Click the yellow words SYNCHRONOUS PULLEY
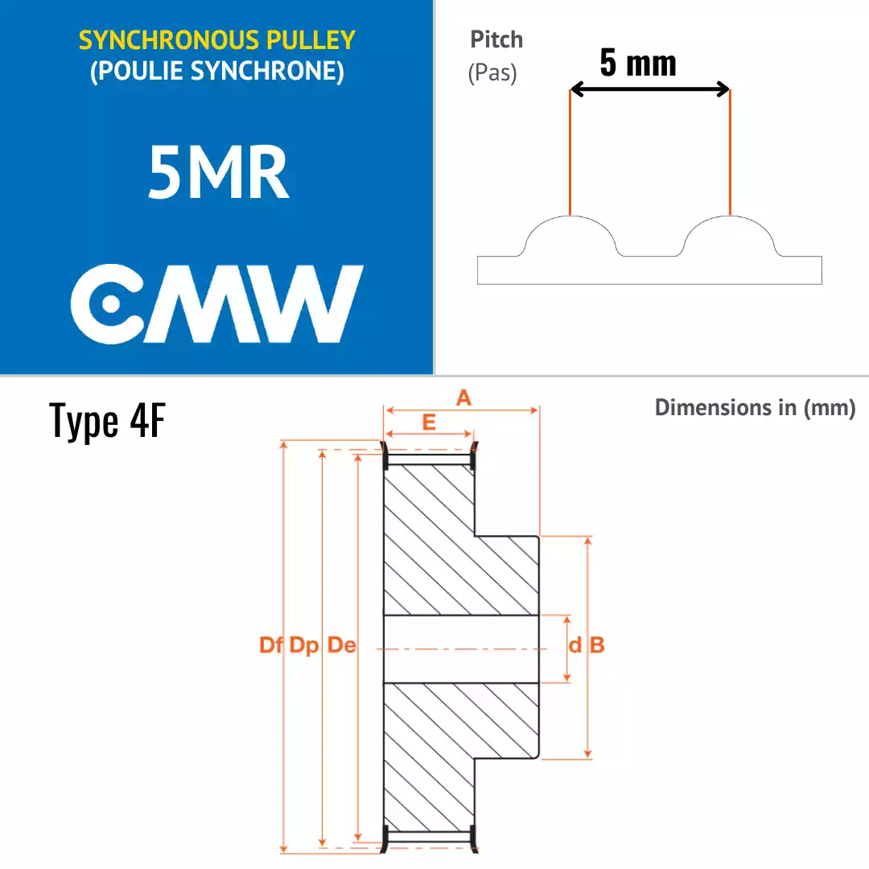(216, 40)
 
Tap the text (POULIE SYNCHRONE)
(216, 71)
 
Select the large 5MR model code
(218, 172)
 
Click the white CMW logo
(216, 303)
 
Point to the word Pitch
(496, 39)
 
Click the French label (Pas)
(492, 73)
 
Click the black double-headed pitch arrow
(649, 89)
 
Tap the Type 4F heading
(107, 420)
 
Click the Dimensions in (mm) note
(756, 407)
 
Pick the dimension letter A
(463, 397)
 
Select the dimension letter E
(429, 422)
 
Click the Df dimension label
(272, 645)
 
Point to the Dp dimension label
(304, 645)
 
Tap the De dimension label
(341, 645)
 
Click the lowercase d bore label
(575, 645)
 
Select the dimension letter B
(597, 645)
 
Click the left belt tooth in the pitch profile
(570, 236)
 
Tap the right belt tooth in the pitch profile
(729, 236)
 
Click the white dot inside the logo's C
(111, 303)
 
